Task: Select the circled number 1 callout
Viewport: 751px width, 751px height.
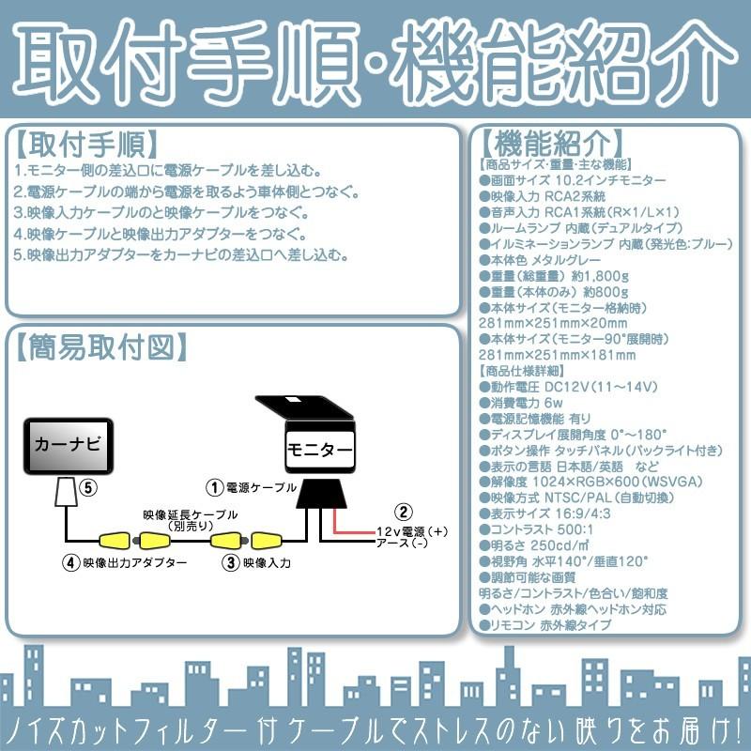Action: [x=215, y=487]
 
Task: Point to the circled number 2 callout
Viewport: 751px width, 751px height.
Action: [x=404, y=512]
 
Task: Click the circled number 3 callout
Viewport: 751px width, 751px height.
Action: [x=230, y=563]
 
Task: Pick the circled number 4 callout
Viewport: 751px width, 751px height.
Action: [x=69, y=563]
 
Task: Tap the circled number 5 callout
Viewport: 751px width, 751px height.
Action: [x=87, y=487]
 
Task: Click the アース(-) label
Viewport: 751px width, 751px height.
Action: [x=402, y=544]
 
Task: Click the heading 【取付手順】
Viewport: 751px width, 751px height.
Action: [x=86, y=145]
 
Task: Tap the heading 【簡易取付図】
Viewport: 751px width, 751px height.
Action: [x=100, y=346]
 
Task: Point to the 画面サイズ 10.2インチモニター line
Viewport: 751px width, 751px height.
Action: [x=572, y=179]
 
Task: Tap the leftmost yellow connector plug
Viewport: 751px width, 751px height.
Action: [x=117, y=541]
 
